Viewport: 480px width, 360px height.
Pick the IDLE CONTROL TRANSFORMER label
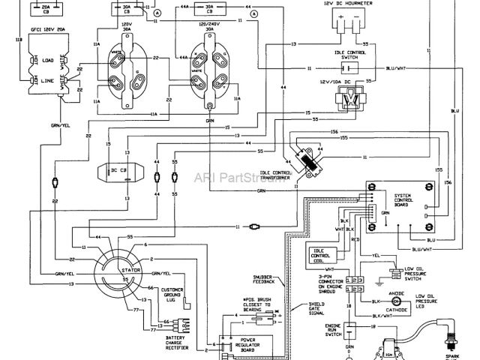pos(280,178)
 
